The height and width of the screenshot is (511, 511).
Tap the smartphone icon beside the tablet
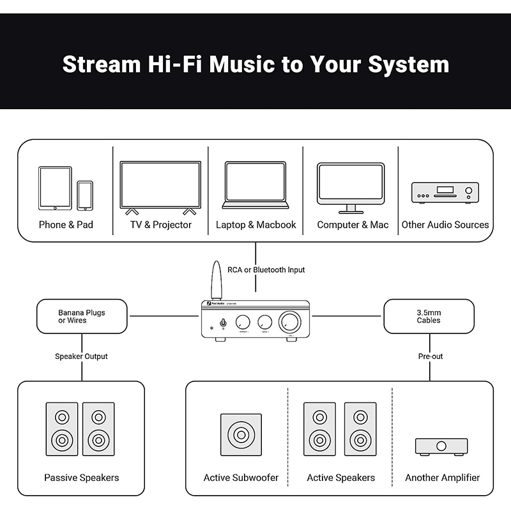[85, 195]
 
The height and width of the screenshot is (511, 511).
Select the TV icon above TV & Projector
[160, 186]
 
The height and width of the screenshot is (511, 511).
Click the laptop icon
[256, 185]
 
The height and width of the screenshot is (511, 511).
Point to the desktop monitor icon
[351, 187]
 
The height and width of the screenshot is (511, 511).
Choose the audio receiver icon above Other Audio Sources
[445, 192]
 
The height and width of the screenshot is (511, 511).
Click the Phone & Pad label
[66, 225]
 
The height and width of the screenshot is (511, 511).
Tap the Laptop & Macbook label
[256, 225]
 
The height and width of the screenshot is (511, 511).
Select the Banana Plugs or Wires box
[82, 316]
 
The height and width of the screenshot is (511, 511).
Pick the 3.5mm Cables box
[429, 316]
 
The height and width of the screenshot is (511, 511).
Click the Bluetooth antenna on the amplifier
[215, 281]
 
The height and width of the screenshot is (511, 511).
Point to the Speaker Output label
[81, 356]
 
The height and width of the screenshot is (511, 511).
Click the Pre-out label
[430, 356]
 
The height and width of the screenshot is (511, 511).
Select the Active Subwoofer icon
[241, 436]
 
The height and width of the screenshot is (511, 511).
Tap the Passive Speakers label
[81, 478]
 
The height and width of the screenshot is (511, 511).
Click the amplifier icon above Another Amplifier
[441, 446]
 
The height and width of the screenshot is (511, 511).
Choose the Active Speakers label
[340, 478]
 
